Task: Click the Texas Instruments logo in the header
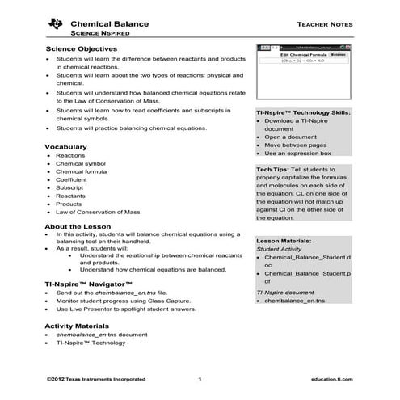(55, 25)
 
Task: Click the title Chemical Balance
(110, 24)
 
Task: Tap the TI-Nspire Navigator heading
(87, 284)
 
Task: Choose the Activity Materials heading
(82, 325)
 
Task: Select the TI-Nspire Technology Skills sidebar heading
(303, 113)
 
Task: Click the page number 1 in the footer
(200, 378)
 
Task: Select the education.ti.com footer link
(331, 378)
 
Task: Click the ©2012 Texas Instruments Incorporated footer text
(96, 378)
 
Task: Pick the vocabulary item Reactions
(70, 155)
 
